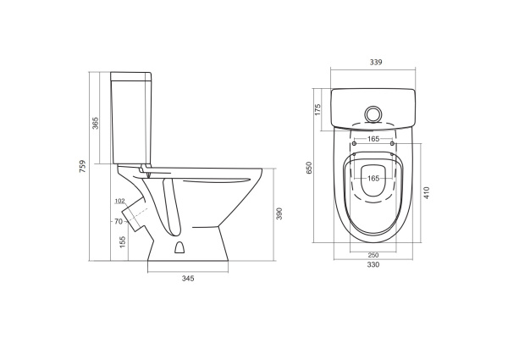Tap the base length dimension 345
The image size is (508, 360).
point(187,279)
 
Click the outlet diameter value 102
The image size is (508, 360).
point(119,201)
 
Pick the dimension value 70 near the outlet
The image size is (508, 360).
point(120,222)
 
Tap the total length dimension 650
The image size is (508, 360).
point(309,169)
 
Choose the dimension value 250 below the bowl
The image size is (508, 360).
point(373,256)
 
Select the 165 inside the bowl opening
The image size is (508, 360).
point(373,179)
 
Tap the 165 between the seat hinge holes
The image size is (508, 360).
point(373,139)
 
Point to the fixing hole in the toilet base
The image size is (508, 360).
point(179,248)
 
